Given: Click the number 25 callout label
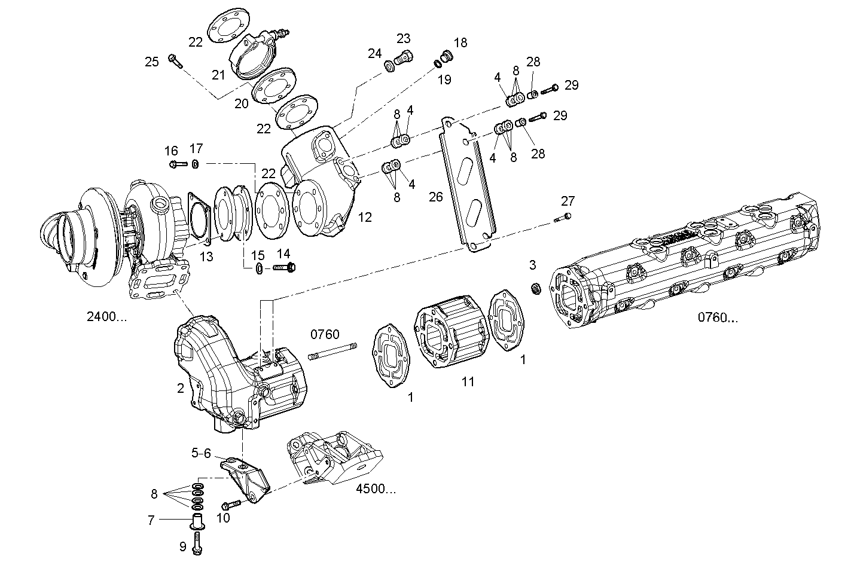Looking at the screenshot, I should tap(152, 61).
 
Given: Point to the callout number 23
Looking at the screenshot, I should tap(404, 38).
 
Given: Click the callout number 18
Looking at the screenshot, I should tap(460, 42).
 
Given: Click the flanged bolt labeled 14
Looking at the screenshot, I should tap(284, 268).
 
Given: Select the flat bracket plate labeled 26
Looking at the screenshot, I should tap(470, 185).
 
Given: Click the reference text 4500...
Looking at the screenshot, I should tap(376, 488).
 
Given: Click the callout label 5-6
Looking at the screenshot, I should tap(201, 454).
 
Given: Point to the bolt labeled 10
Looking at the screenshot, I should tap(231, 505).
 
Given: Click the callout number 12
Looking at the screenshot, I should tap(364, 217).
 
